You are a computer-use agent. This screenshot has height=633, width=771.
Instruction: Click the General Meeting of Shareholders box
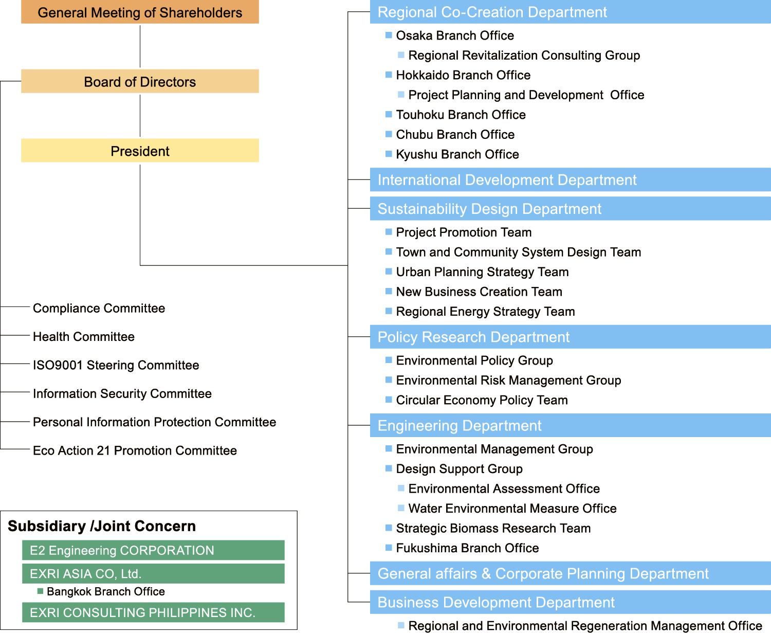(140, 12)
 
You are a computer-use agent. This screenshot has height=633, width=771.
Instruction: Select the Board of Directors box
(140, 81)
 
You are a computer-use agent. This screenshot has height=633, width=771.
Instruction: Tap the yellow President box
(140, 150)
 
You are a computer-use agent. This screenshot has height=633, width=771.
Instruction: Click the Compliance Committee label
(99, 308)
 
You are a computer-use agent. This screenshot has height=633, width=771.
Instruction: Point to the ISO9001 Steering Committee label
(116, 365)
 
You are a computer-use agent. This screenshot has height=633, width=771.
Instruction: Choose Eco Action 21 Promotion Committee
(135, 450)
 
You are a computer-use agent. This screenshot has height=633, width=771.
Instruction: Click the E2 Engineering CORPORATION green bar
(153, 550)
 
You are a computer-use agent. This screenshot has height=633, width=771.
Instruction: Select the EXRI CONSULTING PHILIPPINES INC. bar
(153, 612)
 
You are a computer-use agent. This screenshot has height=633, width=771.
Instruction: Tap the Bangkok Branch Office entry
(106, 591)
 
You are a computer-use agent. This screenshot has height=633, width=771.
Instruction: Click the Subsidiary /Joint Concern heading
(102, 526)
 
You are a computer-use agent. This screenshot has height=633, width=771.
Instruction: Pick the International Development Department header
(571, 179)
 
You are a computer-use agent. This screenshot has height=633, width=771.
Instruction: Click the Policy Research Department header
(571, 337)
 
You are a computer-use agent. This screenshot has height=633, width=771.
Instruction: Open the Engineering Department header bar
(571, 425)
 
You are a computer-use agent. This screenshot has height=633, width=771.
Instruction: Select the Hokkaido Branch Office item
(463, 75)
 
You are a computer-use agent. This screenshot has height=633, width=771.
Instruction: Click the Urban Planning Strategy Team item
(482, 272)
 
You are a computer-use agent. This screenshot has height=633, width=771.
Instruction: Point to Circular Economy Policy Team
(482, 400)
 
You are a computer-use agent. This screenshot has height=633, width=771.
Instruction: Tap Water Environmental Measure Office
(512, 508)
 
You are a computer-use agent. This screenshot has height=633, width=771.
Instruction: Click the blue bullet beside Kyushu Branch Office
(389, 154)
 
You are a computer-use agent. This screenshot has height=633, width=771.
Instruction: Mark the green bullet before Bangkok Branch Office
(40, 591)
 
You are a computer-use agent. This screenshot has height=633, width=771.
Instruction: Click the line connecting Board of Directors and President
(140, 116)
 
